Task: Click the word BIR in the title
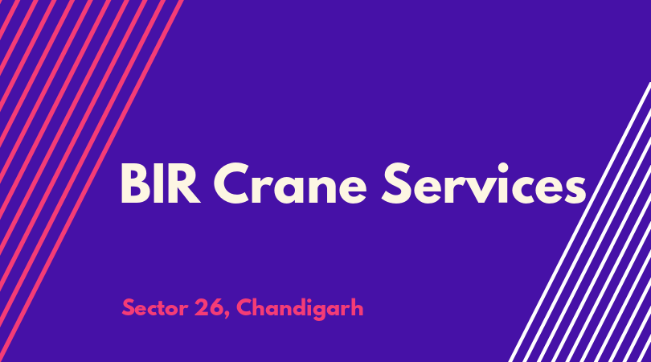tap(160, 183)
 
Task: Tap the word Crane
tap(290, 183)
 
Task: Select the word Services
tap(484, 183)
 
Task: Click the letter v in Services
tap(481, 190)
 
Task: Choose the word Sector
tap(155, 308)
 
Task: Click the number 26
tap(208, 308)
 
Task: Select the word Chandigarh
tap(300, 309)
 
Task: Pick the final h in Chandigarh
tap(357, 307)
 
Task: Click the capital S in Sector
tap(129, 308)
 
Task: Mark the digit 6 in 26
tap(215, 308)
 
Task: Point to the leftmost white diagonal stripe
tap(579, 222)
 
